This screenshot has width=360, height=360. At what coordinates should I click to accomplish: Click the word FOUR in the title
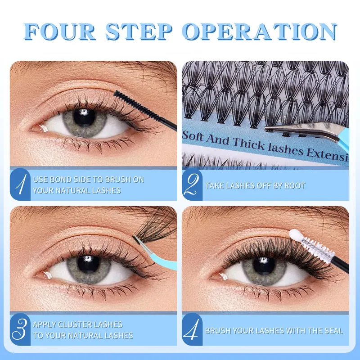point(60,31)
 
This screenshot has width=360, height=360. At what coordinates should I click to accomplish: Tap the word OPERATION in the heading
point(260,31)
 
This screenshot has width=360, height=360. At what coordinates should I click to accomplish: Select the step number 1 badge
point(20,184)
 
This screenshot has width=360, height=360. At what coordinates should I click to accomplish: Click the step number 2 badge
point(192,184)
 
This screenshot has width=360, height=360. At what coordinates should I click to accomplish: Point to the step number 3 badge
point(20,329)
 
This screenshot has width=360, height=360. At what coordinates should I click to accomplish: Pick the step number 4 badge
point(192,329)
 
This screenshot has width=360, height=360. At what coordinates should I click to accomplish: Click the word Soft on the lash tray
point(193,136)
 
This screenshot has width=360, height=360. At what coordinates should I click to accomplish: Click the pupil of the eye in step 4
point(264,266)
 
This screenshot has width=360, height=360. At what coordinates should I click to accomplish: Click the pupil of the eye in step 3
point(88,264)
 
